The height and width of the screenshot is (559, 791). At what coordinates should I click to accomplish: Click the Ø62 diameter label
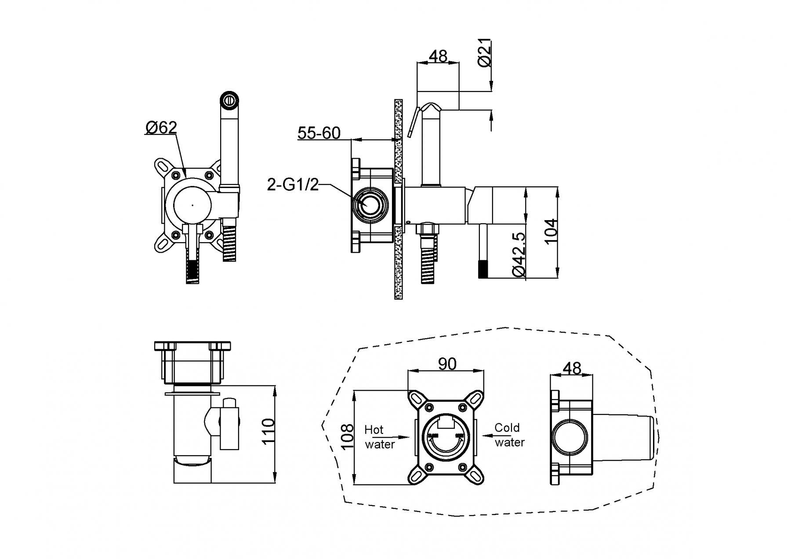coord(161,127)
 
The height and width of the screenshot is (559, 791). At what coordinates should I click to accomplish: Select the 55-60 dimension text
coord(319,133)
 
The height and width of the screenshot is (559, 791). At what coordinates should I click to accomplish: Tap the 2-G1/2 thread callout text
coord(293,185)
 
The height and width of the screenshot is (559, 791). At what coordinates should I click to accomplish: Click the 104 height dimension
coord(551,231)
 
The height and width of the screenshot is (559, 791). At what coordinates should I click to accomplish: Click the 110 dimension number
coord(268,432)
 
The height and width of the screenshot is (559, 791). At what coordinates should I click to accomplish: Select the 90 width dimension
coord(447,364)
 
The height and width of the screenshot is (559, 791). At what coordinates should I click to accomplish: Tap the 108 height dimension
coord(348,437)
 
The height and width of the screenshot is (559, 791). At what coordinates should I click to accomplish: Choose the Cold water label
coord(509,435)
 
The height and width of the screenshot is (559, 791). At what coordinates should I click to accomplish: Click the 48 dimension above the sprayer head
coord(438,56)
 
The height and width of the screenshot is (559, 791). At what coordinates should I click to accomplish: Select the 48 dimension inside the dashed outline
coord(571,368)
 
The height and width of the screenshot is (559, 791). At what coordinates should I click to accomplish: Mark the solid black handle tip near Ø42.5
coord(483,269)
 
